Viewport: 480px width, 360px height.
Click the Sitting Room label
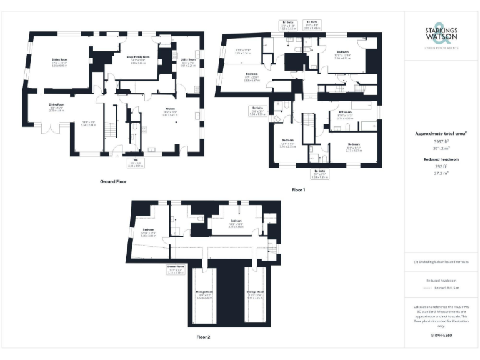59,61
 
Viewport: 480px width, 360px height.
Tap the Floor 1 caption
298,189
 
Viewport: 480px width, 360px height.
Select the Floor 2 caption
204,337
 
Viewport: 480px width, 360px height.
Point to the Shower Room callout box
176,271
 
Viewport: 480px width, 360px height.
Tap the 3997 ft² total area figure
441,142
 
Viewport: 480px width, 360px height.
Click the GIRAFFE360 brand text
441,336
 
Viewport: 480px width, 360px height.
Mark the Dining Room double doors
49,129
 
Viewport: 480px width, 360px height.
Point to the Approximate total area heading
441,133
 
